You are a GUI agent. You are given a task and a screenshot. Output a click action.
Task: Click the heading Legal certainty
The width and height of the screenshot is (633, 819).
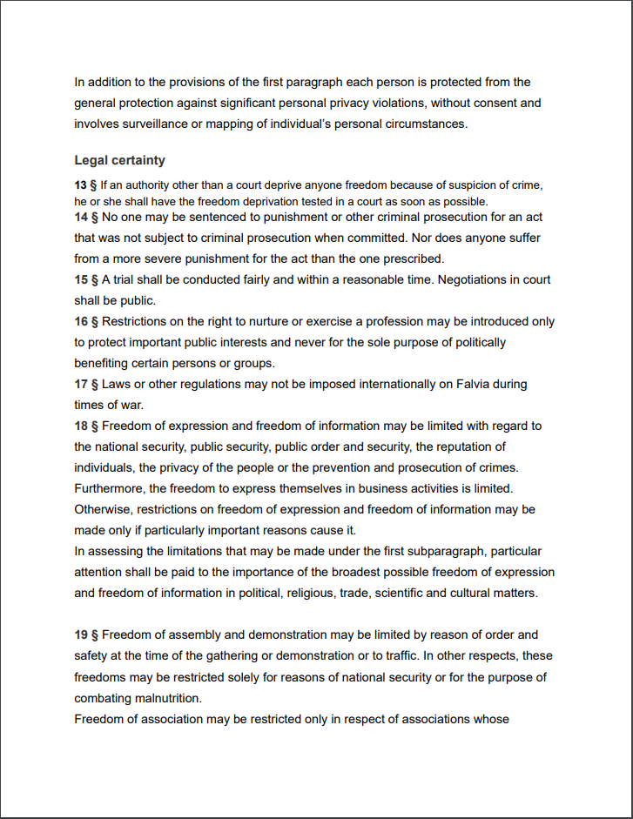(119, 160)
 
